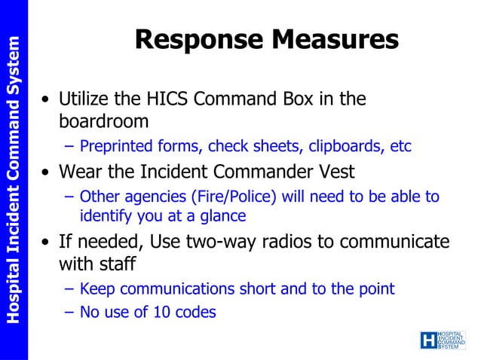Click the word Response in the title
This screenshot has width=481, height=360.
[x=196, y=40]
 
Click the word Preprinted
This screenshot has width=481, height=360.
[x=114, y=146]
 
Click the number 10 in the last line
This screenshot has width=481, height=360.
[x=162, y=311]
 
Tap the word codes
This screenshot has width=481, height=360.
[x=195, y=311]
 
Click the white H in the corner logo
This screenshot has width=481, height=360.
[x=428, y=340]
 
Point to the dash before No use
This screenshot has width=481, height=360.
[x=69, y=311]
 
